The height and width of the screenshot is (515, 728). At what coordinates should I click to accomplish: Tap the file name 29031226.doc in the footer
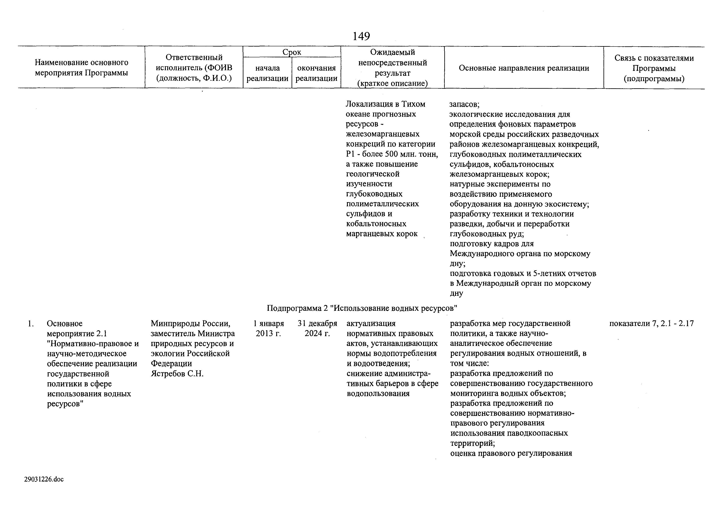tap(44, 479)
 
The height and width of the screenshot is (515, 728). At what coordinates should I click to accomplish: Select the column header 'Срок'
tap(292, 52)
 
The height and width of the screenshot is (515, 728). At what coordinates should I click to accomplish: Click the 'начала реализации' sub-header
tap(267, 73)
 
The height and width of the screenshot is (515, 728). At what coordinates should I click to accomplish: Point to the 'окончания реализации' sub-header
tap(316, 73)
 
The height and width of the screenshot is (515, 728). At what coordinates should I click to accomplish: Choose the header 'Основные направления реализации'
tap(524, 68)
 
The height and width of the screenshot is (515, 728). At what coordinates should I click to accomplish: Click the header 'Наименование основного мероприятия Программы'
tap(82, 68)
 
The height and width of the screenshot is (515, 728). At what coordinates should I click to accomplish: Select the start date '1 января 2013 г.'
tap(269, 328)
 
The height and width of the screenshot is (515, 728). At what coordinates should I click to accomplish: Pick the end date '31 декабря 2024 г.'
tap(317, 328)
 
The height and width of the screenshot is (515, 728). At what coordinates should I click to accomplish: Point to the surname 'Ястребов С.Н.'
tap(177, 374)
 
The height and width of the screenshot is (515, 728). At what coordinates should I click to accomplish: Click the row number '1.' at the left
tap(31, 324)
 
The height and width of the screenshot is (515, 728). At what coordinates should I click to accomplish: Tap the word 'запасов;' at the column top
tap(464, 104)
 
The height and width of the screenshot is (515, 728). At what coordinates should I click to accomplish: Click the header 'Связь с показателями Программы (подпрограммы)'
tap(654, 68)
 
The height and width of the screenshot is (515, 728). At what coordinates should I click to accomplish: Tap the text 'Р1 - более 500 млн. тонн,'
tap(392, 154)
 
